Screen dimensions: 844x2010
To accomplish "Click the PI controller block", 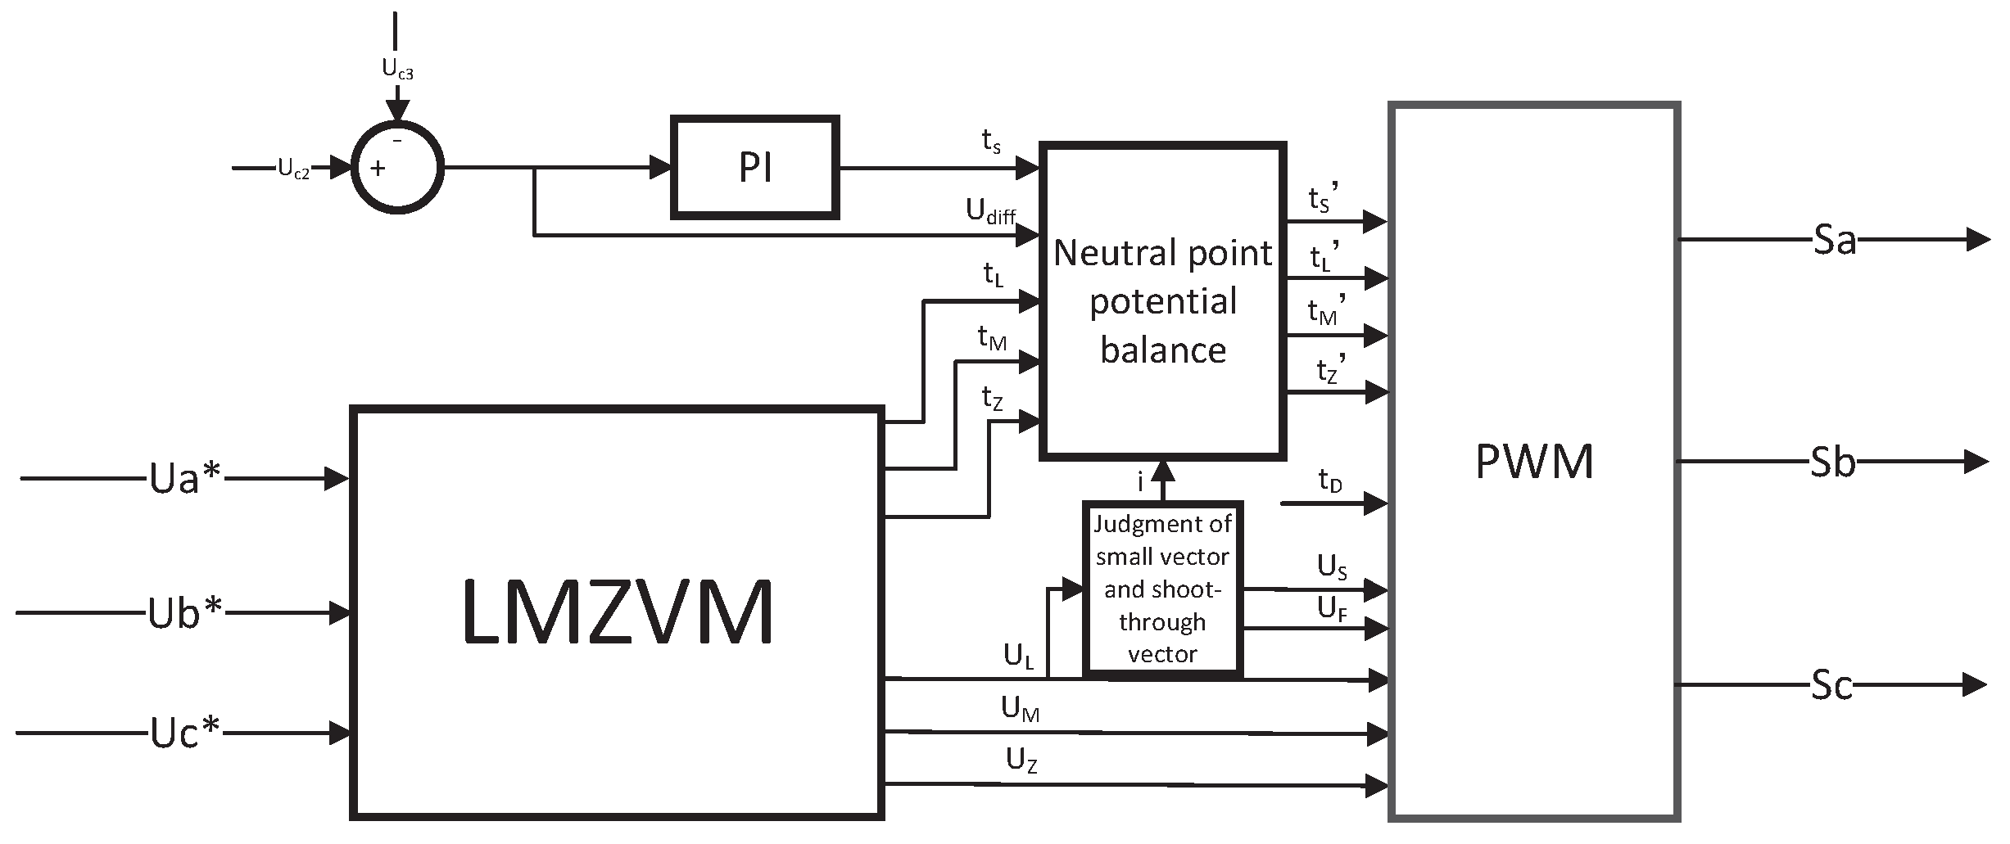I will pos(754,168).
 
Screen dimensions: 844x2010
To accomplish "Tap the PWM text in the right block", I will pos(1533,462).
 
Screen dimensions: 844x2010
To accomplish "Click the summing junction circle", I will pos(397,168).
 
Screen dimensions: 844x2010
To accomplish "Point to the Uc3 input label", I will pos(397,70).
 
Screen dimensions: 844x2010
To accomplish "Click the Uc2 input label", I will pos(293,169).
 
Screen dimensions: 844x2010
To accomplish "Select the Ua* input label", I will pos(185,479).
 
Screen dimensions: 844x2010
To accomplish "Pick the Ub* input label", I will pos(185,612).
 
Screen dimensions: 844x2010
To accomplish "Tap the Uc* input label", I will pos(185,733).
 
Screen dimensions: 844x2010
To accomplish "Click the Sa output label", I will pos(1833,241).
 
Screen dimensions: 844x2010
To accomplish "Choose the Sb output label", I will pos(1831,463).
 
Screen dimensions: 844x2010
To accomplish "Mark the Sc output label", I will pos(1831,686).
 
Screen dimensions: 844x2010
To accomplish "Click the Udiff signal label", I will pos(990,212).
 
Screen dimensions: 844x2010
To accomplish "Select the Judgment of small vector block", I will pos(1162,589).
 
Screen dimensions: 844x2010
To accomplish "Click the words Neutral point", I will pos(1162,253).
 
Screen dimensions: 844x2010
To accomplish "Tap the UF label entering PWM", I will pos(1332,609).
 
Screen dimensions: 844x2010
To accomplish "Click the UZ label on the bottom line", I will pos(1021,761).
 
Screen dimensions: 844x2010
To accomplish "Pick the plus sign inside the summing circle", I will pos(378,169).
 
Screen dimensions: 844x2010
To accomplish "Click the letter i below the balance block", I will pos(1140,483).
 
